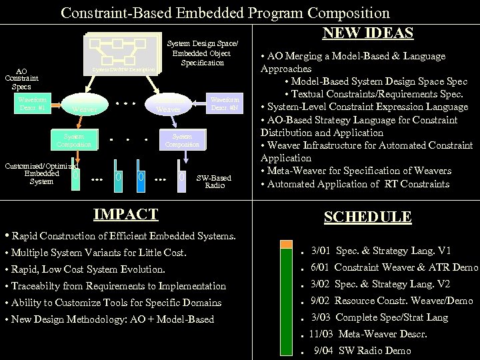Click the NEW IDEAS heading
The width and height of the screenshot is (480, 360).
point(368,33)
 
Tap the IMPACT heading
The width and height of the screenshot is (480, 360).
point(126,214)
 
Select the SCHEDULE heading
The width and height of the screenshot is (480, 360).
point(367,217)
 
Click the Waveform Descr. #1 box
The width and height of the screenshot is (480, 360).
point(32,103)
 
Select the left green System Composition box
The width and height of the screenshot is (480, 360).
point(74,139)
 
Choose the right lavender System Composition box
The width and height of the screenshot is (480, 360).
point(182,139)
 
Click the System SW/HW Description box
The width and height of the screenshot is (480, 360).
point(123,69)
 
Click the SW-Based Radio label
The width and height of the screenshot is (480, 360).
point(214,181)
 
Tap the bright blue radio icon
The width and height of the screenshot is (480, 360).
point(141,177)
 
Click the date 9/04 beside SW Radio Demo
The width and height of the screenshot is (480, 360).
point(323,351)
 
